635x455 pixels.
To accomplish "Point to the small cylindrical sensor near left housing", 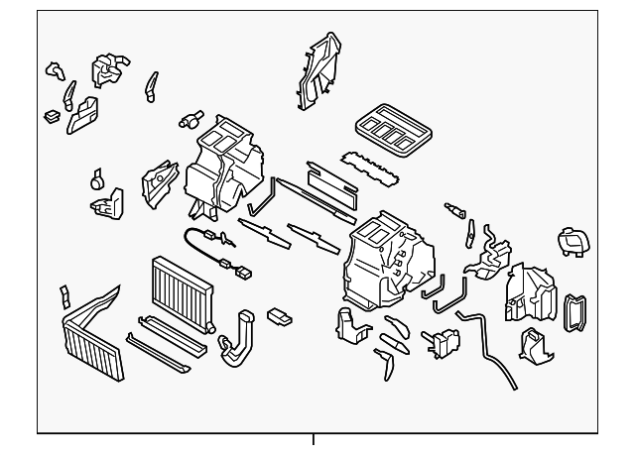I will coord(186,119).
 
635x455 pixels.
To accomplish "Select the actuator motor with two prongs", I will coord(444,340).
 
